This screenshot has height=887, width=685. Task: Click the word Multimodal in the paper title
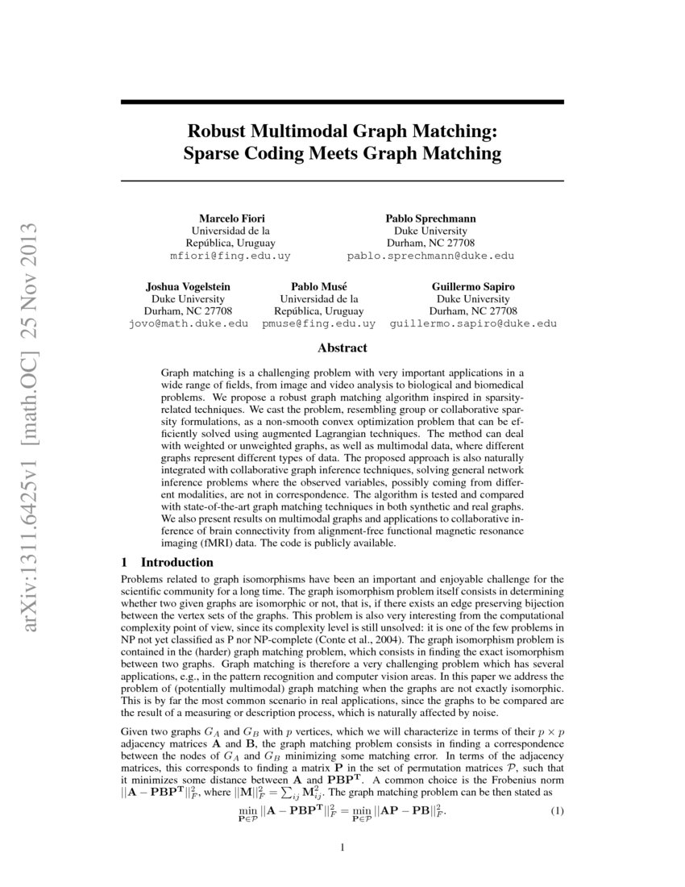[310, 130]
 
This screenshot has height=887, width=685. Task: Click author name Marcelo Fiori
[233, 219]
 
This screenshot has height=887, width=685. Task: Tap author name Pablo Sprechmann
[430, 219]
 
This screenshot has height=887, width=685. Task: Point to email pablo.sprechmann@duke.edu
[430, 256]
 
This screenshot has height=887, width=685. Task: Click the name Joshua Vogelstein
[188, 286]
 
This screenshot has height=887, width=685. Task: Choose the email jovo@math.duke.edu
[188, 323]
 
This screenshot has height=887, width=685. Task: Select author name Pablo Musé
[318, 286]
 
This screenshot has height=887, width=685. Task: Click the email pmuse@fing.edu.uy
[318, 323]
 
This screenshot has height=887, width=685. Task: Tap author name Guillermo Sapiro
[473, 286]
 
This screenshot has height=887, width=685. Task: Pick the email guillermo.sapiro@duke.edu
[473, 323]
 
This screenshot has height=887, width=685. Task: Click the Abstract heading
[342, 348]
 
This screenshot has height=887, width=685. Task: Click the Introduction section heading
[175, 561]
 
